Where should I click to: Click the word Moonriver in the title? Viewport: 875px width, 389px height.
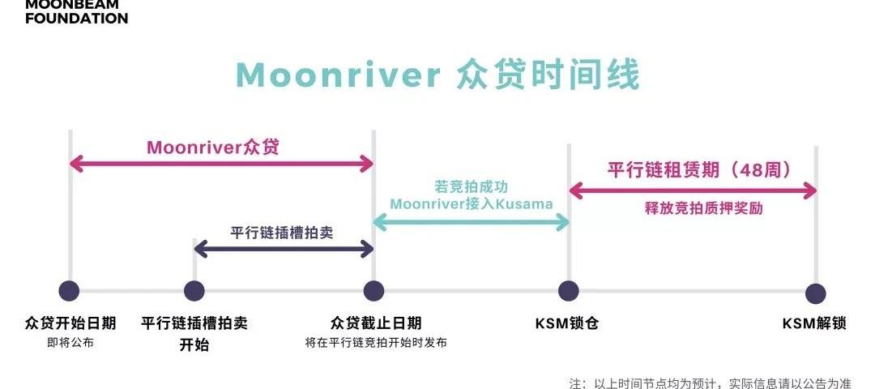[337, 75]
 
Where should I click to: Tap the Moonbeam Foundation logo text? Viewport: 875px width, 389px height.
[76, 11]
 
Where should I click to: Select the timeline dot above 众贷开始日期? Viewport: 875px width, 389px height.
[70, 290]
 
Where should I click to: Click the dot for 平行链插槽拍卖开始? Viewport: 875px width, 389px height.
[194, 290]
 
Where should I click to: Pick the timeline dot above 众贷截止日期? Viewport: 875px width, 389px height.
[373, 290]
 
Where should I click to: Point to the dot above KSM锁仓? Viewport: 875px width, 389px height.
[569, 290]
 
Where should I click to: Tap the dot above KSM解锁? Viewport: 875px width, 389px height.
[816, 293]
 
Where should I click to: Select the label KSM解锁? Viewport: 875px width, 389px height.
[814, 323]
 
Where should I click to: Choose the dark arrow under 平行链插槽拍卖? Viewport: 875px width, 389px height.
[284, 250]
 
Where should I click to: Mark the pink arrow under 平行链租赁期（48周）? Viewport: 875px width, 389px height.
[693, 191]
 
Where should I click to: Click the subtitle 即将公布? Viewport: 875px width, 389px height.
[70, 343]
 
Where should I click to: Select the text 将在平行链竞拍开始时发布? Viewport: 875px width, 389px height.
[375, 343]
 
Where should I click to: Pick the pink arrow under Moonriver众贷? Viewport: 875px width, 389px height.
[221, 165]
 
